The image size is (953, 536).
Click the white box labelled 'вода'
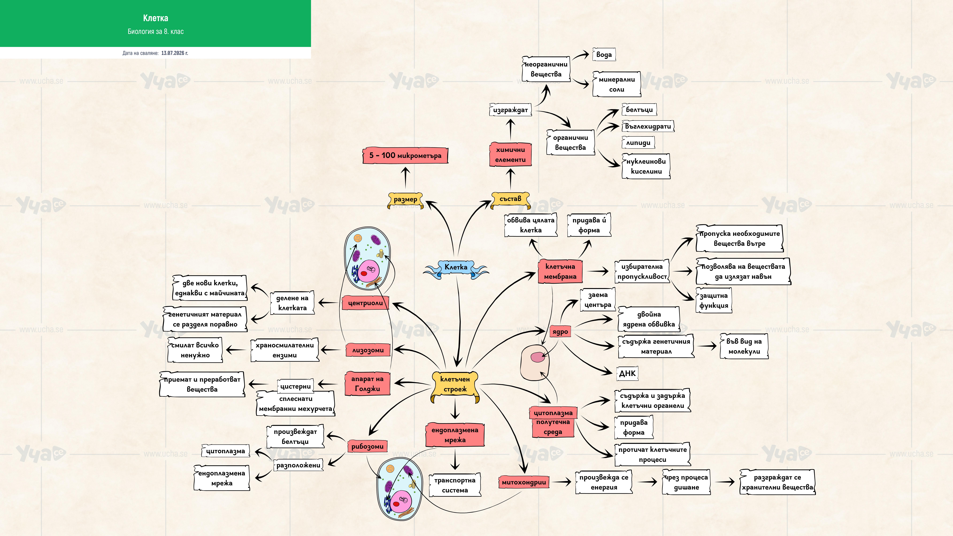click(604, 54)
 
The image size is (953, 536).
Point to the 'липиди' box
click(638, 142)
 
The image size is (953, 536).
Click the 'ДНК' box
click(627, 373)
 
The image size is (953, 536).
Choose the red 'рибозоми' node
click(367, 446)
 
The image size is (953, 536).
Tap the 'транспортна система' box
click(455, 485)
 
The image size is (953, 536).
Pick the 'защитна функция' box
click(714, 300)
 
